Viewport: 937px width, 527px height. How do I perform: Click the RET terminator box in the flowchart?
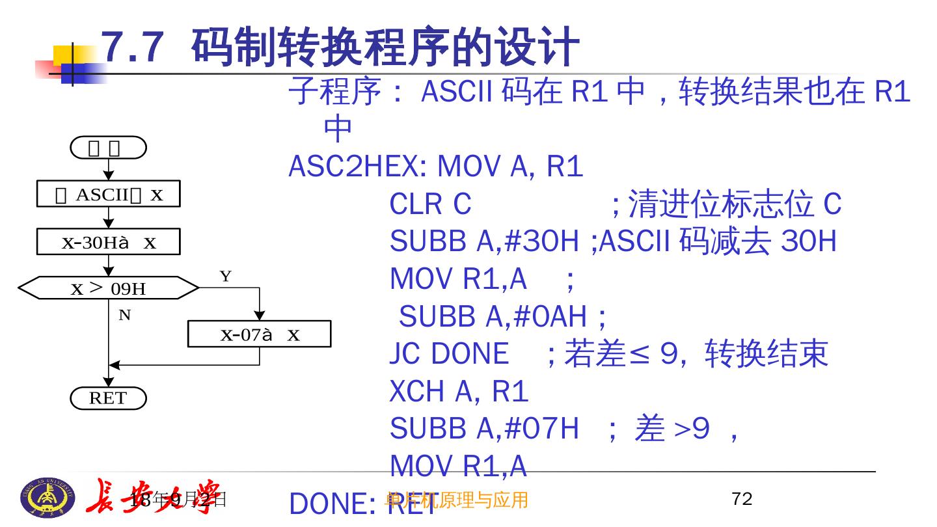[x=108, y=398]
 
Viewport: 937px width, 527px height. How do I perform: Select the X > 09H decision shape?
[x=108, y=288]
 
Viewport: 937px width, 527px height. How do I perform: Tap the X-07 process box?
[x=259, y=334]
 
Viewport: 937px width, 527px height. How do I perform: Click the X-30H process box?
[x=108, y=243]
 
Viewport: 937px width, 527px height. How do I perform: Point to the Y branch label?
[x=225, y=277]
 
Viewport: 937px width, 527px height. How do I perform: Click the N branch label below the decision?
[x=124, y=316]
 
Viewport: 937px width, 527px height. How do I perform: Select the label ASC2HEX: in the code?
[x=357, y=167]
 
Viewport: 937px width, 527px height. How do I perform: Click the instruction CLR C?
[x=429, y=204]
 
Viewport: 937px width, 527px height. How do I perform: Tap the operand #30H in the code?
[x=540, y=242]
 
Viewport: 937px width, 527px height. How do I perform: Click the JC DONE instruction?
[x=448, y=354]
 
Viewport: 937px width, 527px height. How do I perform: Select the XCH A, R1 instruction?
[x=459, y=392]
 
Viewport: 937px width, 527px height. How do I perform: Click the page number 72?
[x=742, y=499]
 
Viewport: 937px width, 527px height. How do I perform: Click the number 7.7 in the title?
[x=131, y=47]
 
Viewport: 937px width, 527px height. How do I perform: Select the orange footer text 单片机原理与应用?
[x=457, y=500]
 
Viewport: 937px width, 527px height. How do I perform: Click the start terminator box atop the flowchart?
[x=108, y=148]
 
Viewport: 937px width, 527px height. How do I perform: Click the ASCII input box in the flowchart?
[x=108, y=195]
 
